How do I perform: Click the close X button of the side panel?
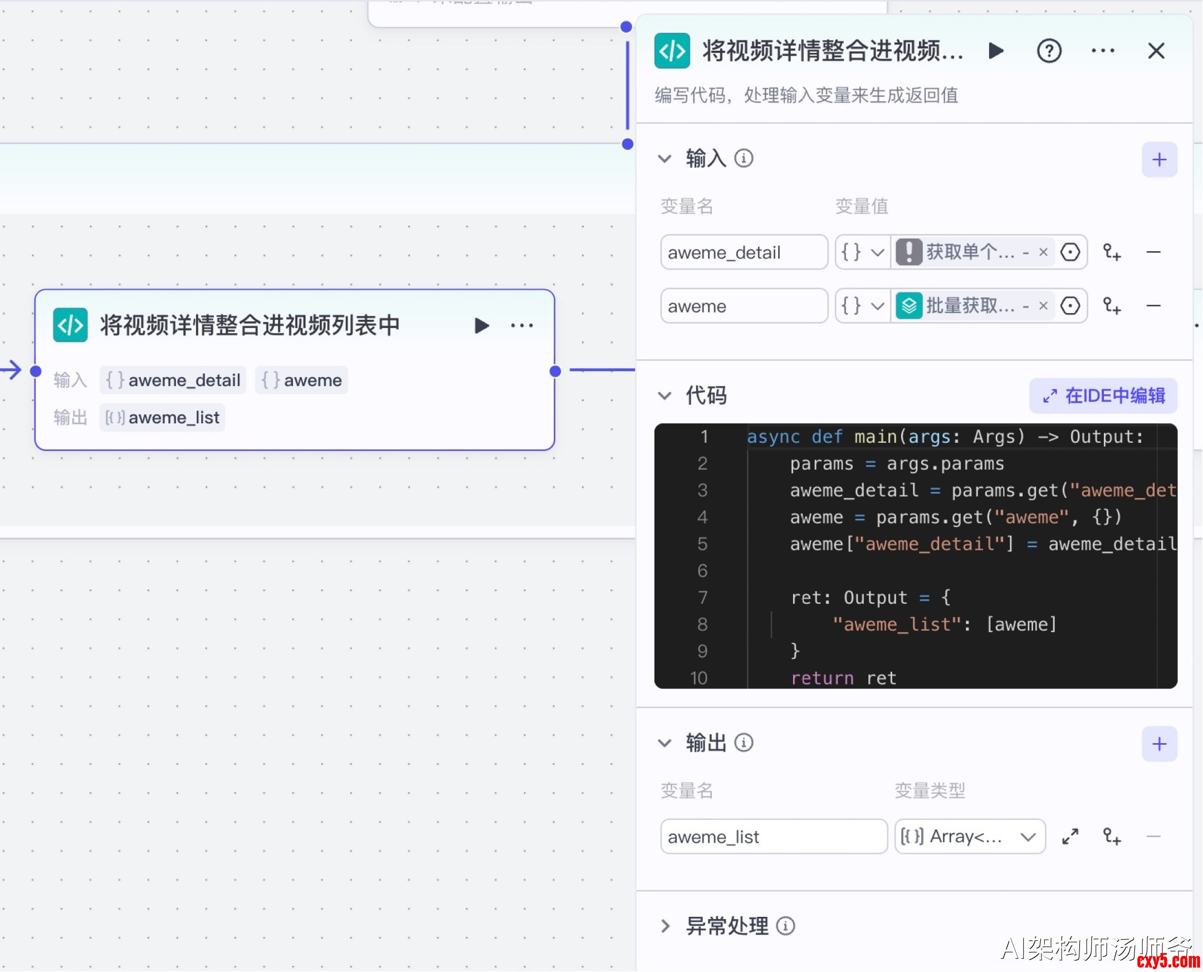coord(1156,51)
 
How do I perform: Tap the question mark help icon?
coord(1049,51)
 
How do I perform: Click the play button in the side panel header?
coord(996,51)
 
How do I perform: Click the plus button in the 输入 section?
coord(1159,159)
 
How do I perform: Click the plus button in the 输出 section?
coord(1159,744)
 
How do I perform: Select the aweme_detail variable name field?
coord(744,252)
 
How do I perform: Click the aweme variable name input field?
coord(744,306)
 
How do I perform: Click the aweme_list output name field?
coord(773,837)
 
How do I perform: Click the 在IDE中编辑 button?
coord(1103,396)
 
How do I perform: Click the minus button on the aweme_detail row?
coord(1153,252)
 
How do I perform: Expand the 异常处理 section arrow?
coord(665,926)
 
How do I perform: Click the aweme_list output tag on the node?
coord(162,418)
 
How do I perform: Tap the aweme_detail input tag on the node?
coord(173,380)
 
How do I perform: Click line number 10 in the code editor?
coord(699,678)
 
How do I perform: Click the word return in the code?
coord(822,678)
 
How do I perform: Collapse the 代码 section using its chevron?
coord(664,396)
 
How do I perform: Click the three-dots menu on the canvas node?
coord(522,325)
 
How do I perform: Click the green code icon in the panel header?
coord(672,51)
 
